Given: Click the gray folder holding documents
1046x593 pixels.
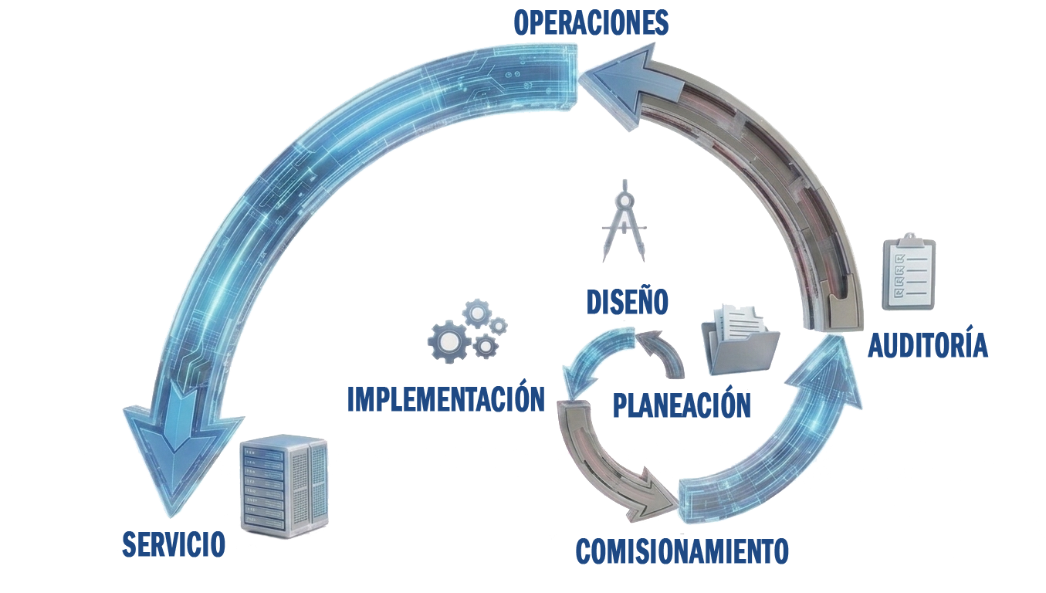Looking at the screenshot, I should [740, 340].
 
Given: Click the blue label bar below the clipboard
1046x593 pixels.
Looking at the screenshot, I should [927, 343].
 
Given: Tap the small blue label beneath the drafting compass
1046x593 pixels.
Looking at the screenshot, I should [627, 300].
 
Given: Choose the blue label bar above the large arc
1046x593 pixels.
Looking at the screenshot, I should [591, 22].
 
